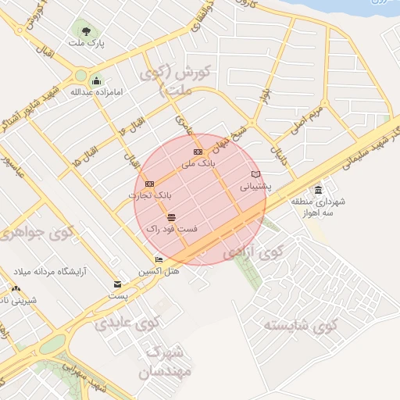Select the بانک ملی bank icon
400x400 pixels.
[x=198, y=152]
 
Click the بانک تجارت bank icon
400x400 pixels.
[x=149, y=184]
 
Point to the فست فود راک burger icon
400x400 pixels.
[x=171, y=216]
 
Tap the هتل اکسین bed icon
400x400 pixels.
[x=159, y=260]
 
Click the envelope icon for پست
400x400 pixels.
[x=118, y=284]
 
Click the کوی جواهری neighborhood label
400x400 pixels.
[x=37, y=233]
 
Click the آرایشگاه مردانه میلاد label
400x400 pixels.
[x=52, y=273]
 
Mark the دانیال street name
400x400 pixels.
[x=279, y=141]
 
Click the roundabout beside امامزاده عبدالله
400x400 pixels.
[x=80, y=77]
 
